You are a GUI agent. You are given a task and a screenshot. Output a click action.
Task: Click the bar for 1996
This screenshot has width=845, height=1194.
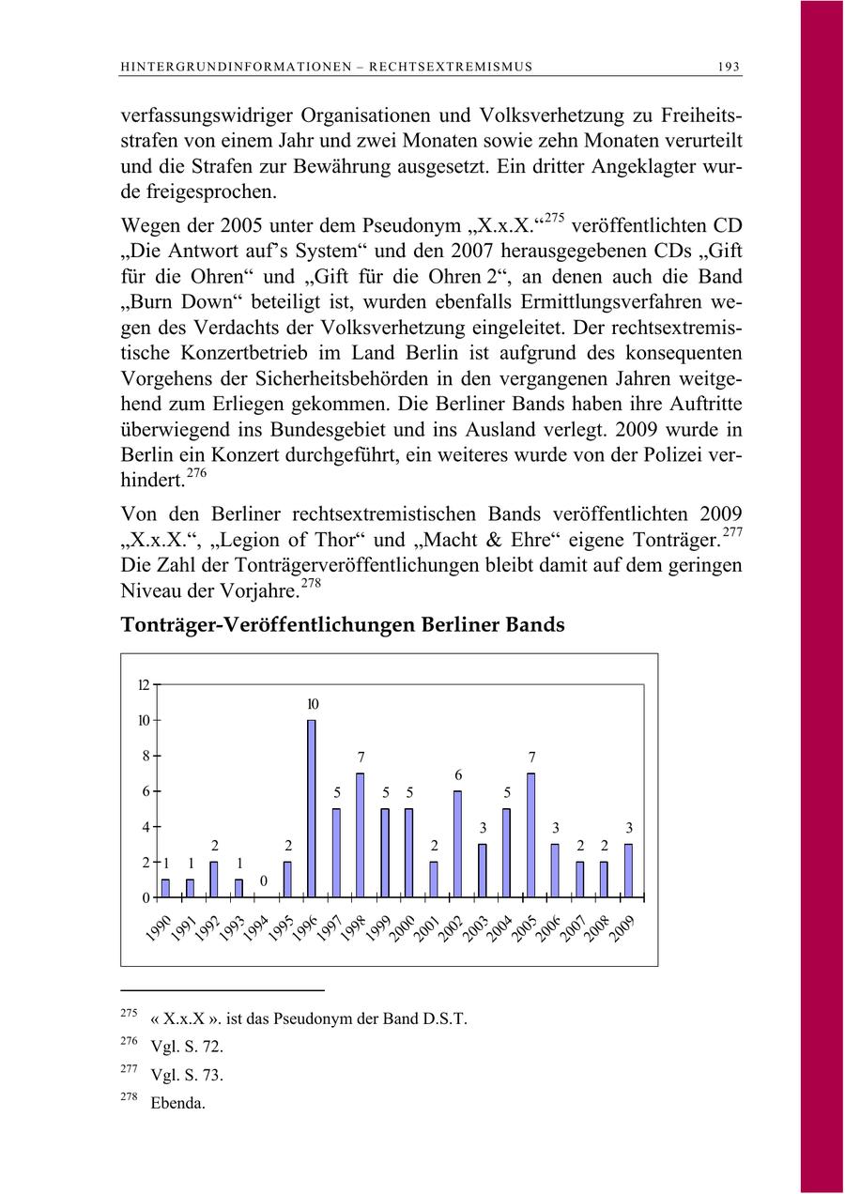[x=312, y=808]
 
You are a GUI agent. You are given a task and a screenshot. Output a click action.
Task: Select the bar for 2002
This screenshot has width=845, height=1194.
[x=458, y=844]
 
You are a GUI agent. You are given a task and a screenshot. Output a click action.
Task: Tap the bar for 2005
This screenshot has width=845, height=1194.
[x=531, y=835]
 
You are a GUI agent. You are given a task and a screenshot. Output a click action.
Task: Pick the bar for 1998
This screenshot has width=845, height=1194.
[x=360, y=835]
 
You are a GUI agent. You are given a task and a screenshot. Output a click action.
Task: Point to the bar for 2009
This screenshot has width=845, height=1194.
[x=629, y=870]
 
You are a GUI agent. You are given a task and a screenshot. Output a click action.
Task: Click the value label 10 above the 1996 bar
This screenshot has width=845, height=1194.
[x=313, y=704]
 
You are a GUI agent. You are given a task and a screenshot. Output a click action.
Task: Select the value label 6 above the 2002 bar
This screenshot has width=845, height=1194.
[x=458, y=775]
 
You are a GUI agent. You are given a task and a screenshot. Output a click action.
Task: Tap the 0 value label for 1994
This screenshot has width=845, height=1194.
[x=264, y=880]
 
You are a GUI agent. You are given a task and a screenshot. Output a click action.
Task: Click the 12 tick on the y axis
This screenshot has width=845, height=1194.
[x=144, y=684]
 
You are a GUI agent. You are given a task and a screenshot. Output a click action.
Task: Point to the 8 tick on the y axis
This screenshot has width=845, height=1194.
[x=146, y=756]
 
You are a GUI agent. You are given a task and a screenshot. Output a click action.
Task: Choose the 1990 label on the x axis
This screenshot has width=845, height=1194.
[x=159, y=925]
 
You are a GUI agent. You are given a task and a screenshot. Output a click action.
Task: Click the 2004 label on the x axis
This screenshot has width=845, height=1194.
[x=500, y=925]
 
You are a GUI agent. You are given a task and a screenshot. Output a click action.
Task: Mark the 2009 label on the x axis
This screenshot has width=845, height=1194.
[x=622, y=925]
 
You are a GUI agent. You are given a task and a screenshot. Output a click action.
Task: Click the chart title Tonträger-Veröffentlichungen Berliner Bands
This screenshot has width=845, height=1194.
[x=343, y=624]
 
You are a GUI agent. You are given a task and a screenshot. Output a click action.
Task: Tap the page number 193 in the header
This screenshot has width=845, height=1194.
[x=729, y=67]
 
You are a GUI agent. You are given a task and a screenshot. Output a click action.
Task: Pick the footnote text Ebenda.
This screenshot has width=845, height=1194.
[x=177, y=1104]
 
